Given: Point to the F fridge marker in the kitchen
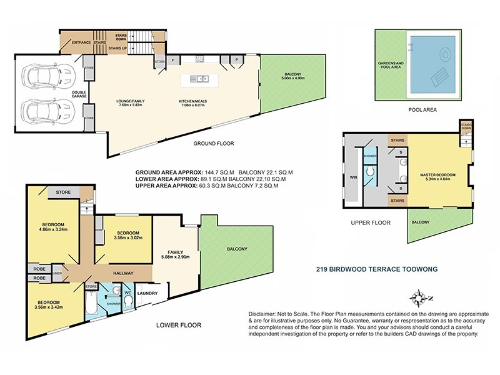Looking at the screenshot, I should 173,61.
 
